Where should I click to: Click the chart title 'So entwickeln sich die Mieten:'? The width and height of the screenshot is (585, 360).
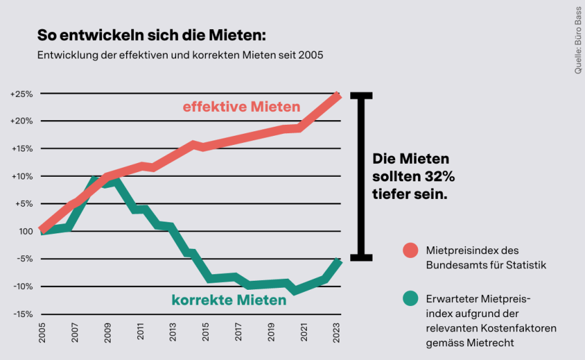(151, 34)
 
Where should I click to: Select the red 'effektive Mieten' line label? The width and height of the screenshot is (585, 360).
(241, 107)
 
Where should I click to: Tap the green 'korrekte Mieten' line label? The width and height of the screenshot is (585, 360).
(229, 300)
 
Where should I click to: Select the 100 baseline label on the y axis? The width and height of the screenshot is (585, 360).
(25, 231)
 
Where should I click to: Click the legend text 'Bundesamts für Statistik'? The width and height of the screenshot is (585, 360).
(486, 264)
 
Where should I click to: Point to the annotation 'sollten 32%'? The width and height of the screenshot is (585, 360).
(413, 176)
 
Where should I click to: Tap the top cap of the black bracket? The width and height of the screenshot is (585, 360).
(361, 96)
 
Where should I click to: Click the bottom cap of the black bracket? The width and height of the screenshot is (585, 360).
(361, 257)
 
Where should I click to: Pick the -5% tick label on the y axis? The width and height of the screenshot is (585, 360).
(24, 259)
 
